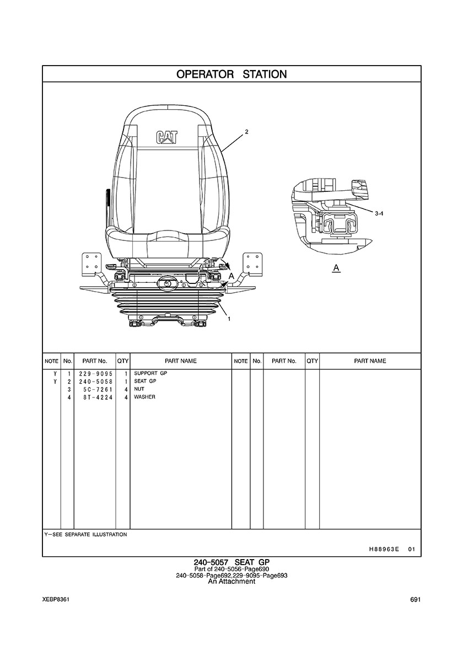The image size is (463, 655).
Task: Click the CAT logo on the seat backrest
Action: point(166,138)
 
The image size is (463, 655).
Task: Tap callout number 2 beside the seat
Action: point(246,132)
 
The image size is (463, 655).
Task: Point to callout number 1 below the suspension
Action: point(229,319)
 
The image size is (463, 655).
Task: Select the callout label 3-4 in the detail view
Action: point(379,213)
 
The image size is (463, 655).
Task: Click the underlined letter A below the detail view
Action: point(336,268)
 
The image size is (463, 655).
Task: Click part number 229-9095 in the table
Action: point(95,373)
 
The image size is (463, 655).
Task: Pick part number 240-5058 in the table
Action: point(95,382)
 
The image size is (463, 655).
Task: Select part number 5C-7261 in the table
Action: point(98,389)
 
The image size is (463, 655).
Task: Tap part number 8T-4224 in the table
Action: point(98,398)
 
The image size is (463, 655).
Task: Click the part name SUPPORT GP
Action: point(150,373)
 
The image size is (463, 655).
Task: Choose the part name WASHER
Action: point(144,397)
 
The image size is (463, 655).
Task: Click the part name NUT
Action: point(139,389)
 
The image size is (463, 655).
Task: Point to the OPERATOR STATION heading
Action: point(232,74)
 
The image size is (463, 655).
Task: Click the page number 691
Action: point(415,600)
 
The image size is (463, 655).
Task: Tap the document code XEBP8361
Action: point(56,600)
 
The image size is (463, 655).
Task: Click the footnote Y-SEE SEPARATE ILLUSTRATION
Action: point(85,534)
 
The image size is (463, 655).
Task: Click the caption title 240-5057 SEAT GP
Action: point(232,562)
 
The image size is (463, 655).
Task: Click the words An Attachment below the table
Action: point(232,581)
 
